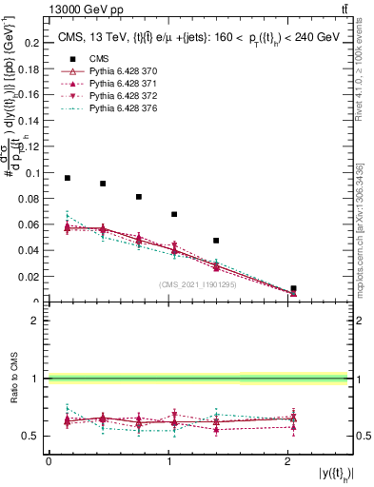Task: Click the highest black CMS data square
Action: [x=68, y=178]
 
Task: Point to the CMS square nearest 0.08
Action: [x=139, y=197]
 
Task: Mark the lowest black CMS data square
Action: [x=293, y=288]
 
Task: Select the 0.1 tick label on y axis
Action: [x=32, y=173]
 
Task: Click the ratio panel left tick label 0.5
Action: [x=34, y=437]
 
